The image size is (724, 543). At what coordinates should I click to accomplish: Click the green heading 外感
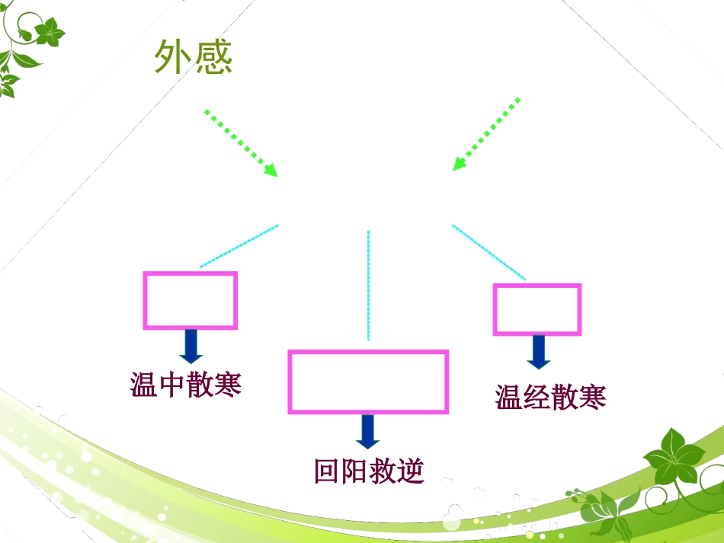194,56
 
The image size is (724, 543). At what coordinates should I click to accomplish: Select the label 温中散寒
186,384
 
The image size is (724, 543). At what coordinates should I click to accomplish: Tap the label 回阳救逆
369,471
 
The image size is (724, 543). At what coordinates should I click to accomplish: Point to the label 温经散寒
551,397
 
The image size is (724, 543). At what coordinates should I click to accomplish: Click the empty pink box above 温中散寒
191,300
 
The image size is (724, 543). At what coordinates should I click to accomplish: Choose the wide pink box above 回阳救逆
368,382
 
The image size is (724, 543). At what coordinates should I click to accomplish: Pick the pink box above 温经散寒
537,309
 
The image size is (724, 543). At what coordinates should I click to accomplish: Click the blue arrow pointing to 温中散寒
191,347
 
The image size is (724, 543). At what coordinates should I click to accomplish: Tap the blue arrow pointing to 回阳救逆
368,432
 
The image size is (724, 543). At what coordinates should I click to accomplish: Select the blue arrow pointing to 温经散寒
540,352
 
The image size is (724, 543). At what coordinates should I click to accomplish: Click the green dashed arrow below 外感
241,143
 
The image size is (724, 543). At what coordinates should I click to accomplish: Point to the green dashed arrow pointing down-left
486,134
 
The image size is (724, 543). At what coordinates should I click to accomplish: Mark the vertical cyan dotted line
368,285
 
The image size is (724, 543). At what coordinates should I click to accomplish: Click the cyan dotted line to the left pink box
239,245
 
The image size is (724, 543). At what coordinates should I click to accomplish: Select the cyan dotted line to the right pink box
489,252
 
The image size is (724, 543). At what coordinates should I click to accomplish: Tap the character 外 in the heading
173,56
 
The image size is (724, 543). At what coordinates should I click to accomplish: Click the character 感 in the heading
213,56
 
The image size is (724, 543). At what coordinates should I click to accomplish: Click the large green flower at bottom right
674,458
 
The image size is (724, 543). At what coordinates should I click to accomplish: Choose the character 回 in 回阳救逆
326,471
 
